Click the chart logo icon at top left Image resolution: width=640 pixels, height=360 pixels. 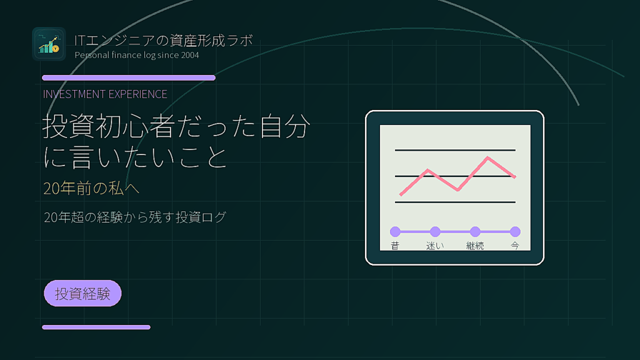pos(49,44)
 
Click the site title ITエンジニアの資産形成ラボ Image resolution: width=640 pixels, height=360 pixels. pos(164,41)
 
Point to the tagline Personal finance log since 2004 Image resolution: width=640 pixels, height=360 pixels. pos(137,55)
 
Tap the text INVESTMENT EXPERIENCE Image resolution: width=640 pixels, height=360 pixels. pos(105,94)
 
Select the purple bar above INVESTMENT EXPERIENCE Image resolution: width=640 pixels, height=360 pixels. pos(129,77)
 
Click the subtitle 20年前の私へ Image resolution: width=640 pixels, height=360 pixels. pos(91,188)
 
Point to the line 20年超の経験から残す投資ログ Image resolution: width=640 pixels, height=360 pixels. pos(135,217)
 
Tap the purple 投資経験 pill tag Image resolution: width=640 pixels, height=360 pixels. pos(82,294)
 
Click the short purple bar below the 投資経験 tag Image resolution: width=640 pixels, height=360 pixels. pos(96,327)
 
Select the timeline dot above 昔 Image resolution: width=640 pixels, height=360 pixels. pos(395,232)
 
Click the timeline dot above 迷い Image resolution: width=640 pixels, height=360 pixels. pos(435,232)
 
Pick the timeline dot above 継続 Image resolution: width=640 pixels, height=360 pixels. pos(475,232)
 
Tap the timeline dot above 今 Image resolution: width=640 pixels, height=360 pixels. pos(515,232)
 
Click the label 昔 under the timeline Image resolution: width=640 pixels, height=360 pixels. pos(395,246)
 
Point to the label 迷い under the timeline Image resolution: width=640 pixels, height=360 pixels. pos(435,246)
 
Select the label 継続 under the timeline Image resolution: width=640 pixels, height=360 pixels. pos(475,246)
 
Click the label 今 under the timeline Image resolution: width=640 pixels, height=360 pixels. pos(515,246)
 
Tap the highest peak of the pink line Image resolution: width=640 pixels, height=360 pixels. pos(487,157)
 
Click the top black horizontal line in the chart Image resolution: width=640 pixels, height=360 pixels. pos(455,150)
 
